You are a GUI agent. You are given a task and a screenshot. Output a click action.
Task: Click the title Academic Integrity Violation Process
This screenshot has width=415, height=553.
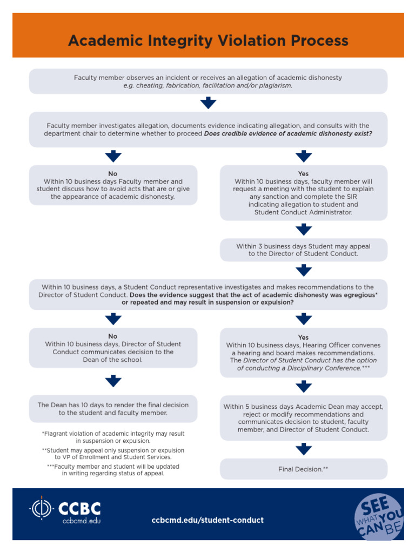tap(208, 41)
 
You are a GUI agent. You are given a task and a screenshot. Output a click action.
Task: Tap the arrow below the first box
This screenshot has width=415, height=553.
tap(208, 103)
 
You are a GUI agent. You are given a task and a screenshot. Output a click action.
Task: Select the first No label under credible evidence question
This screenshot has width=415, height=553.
tap(113, 174)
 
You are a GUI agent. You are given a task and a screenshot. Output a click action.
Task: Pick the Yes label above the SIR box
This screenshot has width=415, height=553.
tap(303, 174)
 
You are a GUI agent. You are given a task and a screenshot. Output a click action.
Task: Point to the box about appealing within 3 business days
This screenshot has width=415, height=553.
tap(303, 249)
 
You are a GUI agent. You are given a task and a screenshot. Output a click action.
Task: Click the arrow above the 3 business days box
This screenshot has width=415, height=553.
tap(304, 230)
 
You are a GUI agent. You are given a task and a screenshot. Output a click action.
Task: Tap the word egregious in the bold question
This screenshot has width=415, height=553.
tap(360, 295)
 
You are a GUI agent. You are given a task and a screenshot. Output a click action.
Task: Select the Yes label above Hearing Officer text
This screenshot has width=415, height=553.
tap(303, 337)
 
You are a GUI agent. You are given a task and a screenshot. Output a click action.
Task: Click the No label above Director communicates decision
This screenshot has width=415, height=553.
tap(113, 336)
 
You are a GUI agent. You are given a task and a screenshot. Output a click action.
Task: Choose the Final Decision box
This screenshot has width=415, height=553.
tap(303, 469)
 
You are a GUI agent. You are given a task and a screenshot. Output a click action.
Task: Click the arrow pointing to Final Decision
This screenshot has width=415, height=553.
tap(304, 449)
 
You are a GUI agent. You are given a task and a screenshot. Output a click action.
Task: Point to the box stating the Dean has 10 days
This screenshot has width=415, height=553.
tap(113, 409)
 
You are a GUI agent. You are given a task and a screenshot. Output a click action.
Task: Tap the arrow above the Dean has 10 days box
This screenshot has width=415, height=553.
tap(113, 382)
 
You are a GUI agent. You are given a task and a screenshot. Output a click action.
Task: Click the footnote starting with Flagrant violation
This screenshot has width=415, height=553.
tap(113, 437)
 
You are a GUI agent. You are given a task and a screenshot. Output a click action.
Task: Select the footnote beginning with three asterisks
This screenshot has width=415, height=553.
tap(113, 470)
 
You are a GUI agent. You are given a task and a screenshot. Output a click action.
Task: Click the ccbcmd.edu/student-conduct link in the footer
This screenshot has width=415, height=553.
tap(208, 520)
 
